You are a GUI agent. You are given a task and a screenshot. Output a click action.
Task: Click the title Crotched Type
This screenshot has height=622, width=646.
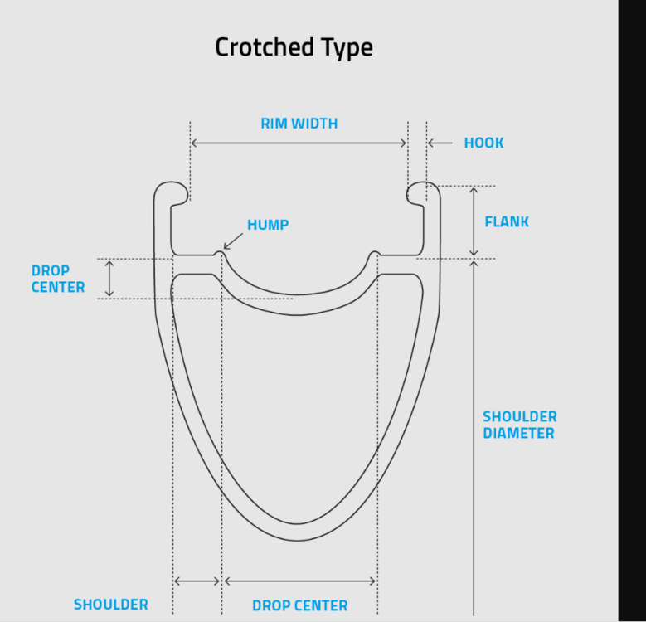(294, 47)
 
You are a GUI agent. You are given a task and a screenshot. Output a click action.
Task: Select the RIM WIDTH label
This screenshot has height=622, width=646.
(299, 124)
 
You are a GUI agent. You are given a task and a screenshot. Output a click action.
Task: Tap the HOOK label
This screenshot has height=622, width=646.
(483, 143)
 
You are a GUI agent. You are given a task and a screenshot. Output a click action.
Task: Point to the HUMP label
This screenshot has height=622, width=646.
(268, 225)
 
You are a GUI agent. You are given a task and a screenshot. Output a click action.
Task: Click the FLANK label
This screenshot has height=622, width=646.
(507, 221)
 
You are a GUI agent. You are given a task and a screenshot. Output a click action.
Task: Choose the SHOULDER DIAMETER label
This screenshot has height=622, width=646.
(520, 425)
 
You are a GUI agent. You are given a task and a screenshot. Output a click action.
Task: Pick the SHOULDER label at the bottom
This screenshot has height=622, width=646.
(111, 605)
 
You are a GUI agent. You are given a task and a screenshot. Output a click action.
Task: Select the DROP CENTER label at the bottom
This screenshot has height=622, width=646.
(299, 605)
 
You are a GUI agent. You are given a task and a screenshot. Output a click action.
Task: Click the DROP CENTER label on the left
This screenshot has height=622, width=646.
(58, 279)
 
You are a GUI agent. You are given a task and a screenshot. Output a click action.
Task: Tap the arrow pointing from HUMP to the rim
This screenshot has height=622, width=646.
(233, 240)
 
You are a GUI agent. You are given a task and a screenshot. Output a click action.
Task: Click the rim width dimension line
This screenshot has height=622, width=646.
(299, 143)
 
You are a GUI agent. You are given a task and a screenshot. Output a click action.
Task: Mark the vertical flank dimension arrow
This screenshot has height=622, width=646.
(474, 221)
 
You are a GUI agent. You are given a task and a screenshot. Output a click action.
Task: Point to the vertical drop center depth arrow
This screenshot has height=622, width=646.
(109, 279)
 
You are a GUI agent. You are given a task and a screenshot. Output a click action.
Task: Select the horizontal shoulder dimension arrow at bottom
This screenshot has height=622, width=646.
(197, 581)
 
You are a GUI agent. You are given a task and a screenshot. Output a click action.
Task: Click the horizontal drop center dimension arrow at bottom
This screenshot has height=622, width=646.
(300, 581)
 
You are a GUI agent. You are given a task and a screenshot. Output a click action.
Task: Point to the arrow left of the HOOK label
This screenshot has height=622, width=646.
(440, 143)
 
